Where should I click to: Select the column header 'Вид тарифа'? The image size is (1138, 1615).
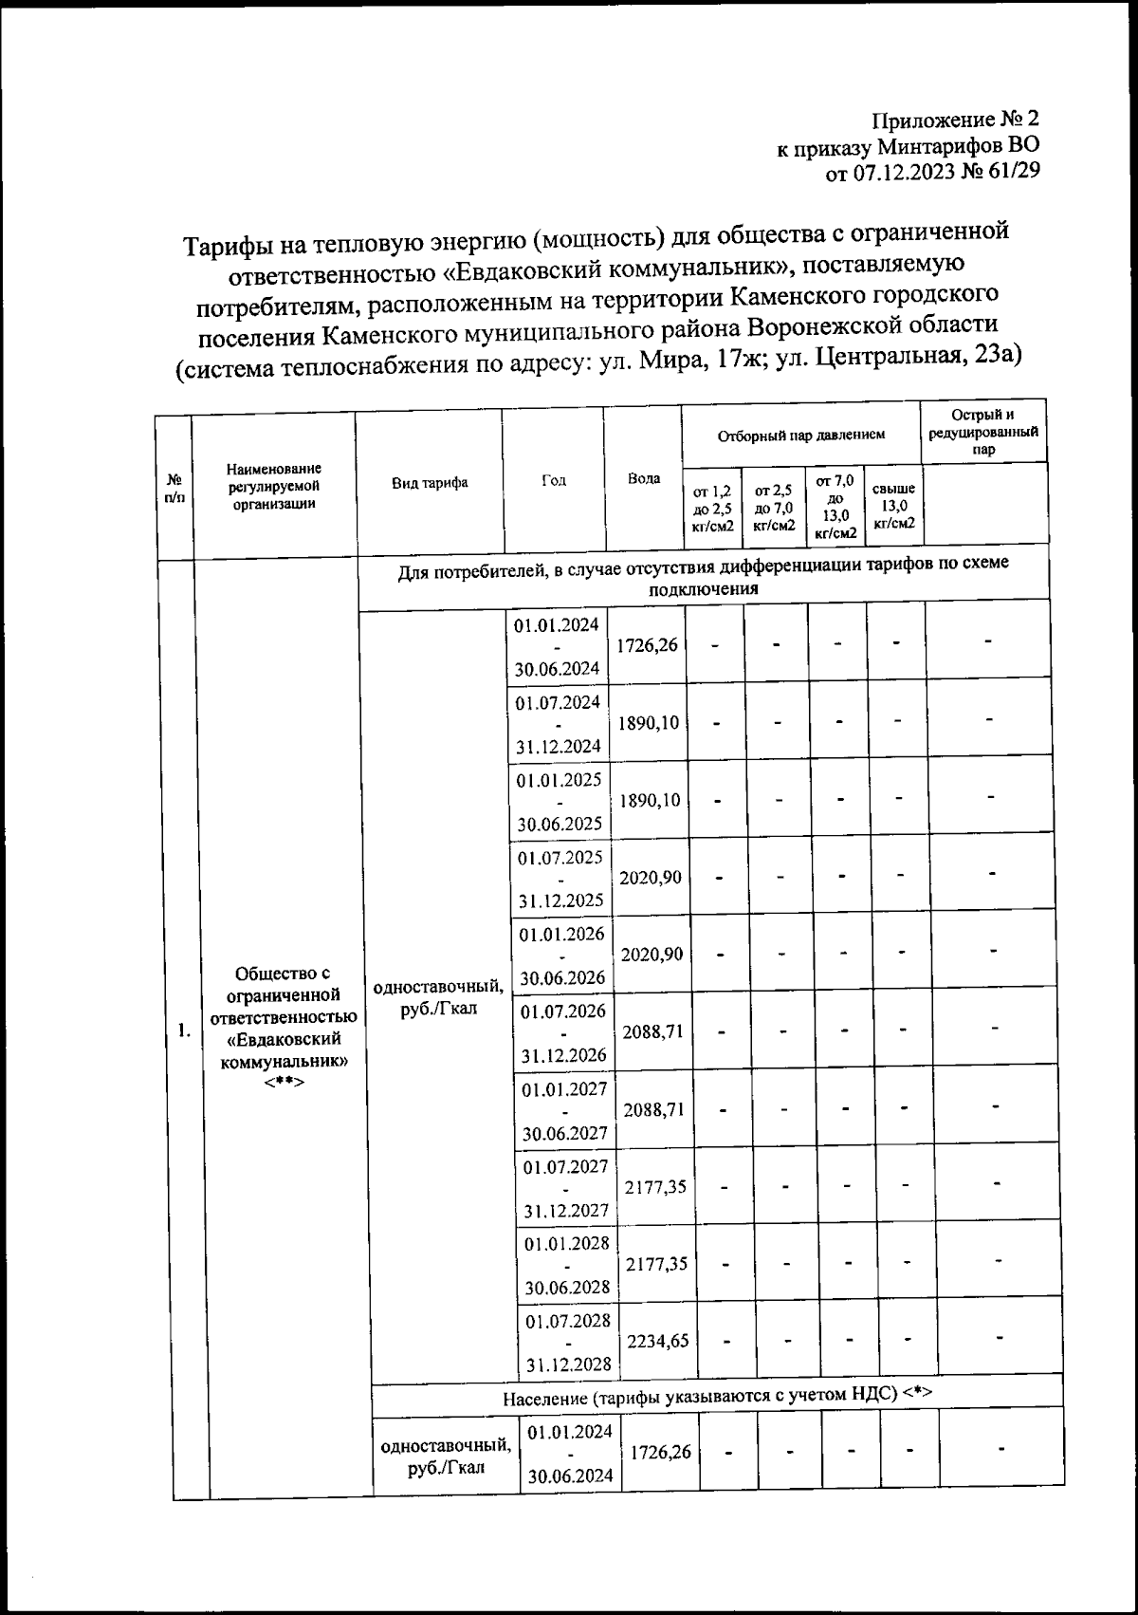coord(430,482)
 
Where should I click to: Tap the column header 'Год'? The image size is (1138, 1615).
coord(553,480)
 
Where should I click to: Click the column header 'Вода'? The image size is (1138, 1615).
coord(644,478)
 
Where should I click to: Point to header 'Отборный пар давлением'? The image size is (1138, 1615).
coord(800,435)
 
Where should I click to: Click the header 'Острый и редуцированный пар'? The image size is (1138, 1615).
coord(983,432)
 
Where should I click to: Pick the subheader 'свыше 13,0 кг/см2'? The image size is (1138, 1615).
coord(893,506)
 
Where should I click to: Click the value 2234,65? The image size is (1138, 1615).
coord(654,1341)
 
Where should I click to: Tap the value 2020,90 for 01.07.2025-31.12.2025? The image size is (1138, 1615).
coord(651,878)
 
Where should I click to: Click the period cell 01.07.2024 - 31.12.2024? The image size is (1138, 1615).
coord(559,724)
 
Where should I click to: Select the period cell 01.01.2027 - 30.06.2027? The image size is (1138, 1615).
coord(564,1110)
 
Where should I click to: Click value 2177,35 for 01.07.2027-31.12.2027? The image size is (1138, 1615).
coord(655,1186)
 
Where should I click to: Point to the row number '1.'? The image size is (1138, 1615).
coord(186,1032)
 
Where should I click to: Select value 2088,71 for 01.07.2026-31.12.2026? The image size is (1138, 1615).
coord(652,1031)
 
